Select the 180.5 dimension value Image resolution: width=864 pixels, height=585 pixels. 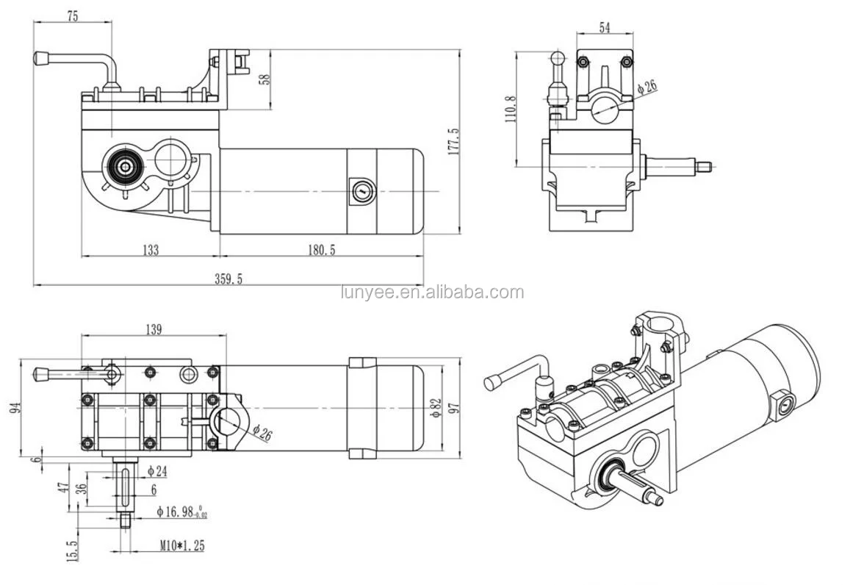(321, 251)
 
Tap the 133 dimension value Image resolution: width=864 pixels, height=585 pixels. (150, 251)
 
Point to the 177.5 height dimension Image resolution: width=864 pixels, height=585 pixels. (453, 141)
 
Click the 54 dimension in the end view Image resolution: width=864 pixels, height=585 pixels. (605, 28)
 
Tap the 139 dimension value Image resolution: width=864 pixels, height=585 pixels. (153, 330)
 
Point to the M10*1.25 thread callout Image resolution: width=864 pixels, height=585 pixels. (181, 546)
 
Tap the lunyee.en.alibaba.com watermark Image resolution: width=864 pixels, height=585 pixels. (433, 292)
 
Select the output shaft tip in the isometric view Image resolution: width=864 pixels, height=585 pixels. (656, 500)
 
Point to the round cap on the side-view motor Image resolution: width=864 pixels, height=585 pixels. (361, 191)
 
